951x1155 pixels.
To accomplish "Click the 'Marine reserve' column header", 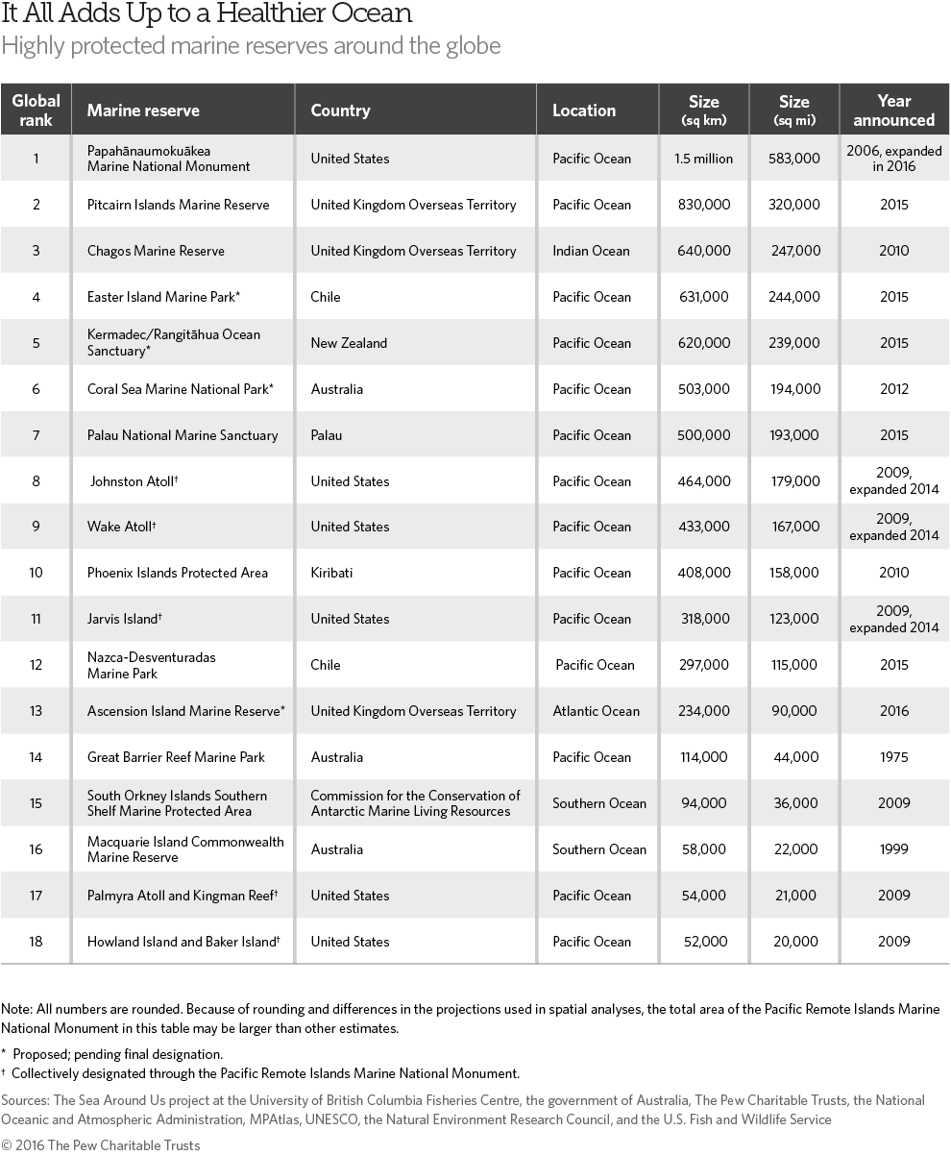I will [x=143, y=111].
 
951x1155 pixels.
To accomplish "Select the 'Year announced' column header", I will [x=893, y=111].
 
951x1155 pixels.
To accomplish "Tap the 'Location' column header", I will [x=584, y=111].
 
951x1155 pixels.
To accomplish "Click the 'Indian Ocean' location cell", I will [x=591, y=251].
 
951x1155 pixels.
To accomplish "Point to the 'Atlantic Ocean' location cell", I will [x=597, y=711].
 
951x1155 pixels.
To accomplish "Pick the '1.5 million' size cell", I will [x=703, y=159].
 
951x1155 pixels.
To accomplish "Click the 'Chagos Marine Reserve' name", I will [x=156, y=251].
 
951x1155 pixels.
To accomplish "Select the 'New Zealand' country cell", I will [x=349, y=343].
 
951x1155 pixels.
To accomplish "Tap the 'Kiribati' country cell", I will [x=331, y=573].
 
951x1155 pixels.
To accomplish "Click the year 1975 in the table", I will [x=893, y=757].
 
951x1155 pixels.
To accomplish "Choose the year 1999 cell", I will [x=893, y=849].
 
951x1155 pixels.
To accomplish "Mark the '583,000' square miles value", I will [x=794, y=159].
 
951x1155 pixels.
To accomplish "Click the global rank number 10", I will [x=36, y=573].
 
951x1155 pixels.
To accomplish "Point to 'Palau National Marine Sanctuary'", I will [x=183, y=435].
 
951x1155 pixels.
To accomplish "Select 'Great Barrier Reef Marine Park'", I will [x=176, y=757].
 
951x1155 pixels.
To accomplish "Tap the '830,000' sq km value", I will [x=703, y=205].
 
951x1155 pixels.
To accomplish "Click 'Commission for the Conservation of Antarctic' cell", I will [x=415, y=803].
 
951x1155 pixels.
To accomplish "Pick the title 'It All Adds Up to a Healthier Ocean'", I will [x=207, y=14].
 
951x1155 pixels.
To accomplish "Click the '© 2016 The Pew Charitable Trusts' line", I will [x=101, y=1144].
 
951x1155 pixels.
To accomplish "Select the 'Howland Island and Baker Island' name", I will [x=183, y=942].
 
